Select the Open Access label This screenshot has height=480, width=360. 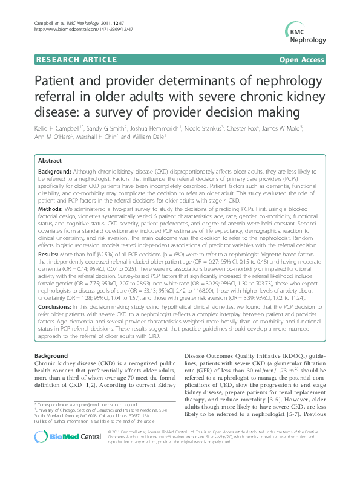301,60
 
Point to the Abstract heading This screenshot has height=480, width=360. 50,161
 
